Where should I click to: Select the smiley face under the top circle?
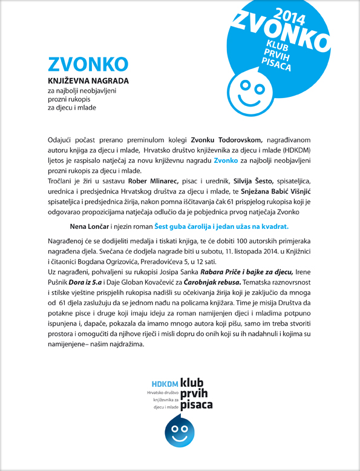point(250,90)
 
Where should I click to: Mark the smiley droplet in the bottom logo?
point(180,431)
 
